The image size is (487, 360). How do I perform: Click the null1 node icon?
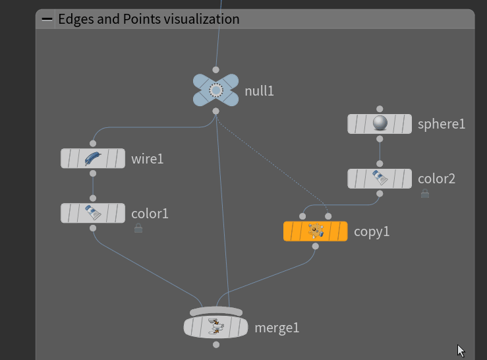pyautogui.click(x=215, y=90)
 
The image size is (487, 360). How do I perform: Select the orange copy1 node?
pyautogui.click(x=315, y=231)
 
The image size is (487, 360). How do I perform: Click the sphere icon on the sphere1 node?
pyautogui.click(x=380, y=123)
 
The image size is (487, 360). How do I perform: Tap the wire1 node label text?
pyautogui.click(x=147, y=159)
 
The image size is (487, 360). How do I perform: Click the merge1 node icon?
pyautogui.click(x=215, y=326)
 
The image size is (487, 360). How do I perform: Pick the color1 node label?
pyautogui.click(x=150, y=214)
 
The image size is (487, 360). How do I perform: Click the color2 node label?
pyautogui.click(x=436, y=179)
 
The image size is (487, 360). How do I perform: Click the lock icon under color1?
pyautogui.click(x=138, y=228)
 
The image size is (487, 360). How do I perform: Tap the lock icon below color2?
pyautogui.click(x=425, y=194)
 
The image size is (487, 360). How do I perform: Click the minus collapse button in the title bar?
pyautogui.click(x=47, y=19)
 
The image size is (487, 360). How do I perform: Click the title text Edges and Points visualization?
pyautogui.click(x=149, y=19)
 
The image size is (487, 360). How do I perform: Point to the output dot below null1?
pyautogui.click(x=215, y=111)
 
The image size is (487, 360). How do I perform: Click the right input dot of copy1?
pyautogui.click(x=328, y=216)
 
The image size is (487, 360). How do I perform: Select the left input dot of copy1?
pyautogui.click(x=302, y=216)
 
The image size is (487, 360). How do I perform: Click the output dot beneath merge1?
pyautogui.click(x=215, y=345)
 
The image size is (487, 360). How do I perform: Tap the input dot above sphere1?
pyautogui.click(x=380, y=109)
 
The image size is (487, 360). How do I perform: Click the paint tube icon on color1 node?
pyautogui.click(x=93, y=213)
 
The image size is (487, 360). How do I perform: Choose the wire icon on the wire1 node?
pyautogui.click(x=93, y=158)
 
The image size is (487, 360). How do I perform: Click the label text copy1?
pyautogui.click(x=372, y=231)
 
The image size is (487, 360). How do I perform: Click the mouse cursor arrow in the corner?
pyautogui.click(x=460, y=350)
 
